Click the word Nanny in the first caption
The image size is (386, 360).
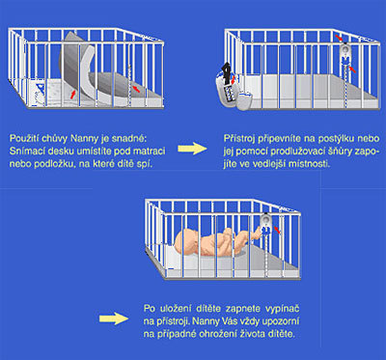coord(82,139)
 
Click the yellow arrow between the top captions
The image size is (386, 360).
coord(192,149)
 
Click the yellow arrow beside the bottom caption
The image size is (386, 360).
coord(114,318)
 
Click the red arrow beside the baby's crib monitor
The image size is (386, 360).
coord(276,230)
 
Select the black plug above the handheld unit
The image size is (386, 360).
coord(228,69)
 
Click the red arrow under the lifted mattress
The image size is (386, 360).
coord(73,94)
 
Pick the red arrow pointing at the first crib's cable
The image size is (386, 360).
coord(136,89)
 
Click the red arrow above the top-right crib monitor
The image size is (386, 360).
coord(339,39)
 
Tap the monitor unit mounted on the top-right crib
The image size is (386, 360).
coord(345,54)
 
